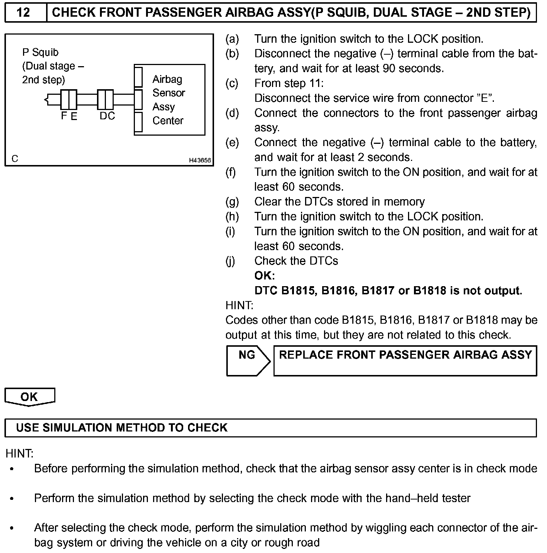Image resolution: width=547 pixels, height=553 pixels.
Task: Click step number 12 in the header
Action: pos(23,13)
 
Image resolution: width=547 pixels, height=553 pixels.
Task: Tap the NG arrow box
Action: pos(247,360)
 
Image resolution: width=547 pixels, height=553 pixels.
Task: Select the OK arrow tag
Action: pos(29,397)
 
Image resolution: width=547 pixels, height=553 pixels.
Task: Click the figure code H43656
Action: pos(200,161)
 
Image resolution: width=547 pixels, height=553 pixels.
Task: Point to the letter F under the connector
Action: pos(64,116)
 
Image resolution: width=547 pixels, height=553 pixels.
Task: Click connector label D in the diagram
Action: pos(103,116)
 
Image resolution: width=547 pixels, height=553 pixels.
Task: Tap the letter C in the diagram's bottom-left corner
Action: pos(15,159)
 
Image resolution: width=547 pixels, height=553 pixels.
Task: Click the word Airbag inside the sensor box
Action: pos(167,79)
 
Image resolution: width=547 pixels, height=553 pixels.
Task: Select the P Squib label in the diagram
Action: pos(41,52)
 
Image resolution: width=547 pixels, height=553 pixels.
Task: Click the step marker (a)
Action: pos(232,39)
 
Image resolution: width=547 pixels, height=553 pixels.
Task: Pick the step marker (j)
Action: pos(230,261)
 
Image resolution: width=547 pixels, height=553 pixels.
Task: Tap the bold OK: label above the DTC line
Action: pos(265,276)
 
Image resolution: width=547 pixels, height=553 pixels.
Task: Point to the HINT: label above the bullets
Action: pos(19,453)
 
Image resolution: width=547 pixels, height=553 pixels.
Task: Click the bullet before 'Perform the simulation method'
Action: pos(12,499)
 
